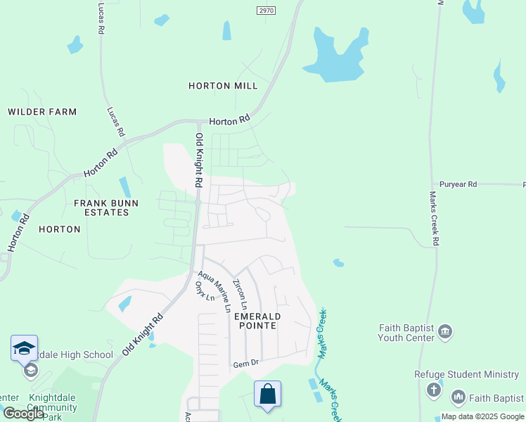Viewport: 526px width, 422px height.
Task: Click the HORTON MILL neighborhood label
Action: pos(223,86)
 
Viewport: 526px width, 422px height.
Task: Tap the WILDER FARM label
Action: pos(42,112)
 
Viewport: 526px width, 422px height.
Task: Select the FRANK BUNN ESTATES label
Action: pos(106,208)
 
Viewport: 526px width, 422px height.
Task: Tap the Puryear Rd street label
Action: pos(458,184)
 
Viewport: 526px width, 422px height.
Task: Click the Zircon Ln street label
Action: pos(240,295)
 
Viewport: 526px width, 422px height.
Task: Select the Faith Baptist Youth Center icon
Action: pos(444,331)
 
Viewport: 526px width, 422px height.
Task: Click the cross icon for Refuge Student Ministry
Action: pos(434,389)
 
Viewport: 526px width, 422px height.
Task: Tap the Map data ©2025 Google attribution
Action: pos(482,416)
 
